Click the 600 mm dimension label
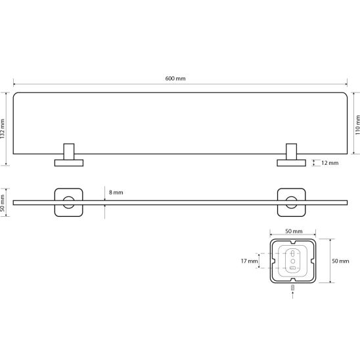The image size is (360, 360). click(175, 79)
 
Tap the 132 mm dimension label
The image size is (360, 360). click(2, 129)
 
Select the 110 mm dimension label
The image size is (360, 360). click(357, 125)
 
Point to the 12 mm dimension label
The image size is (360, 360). click(330, 163)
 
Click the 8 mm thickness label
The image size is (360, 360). click(116, 192)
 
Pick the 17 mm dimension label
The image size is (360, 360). click(250, 261)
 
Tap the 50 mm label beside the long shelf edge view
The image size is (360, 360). click(2, 203)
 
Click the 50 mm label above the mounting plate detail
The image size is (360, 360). click(294, 231)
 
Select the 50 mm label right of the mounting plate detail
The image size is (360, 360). click(340, 261)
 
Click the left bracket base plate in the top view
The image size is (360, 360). click(69, 163)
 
